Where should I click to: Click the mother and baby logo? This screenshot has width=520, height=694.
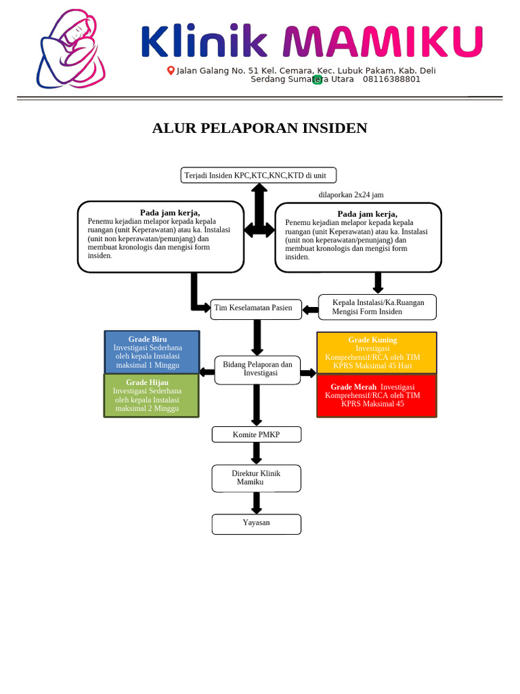coord(70,49)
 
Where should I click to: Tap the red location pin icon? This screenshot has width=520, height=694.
coord(171,70)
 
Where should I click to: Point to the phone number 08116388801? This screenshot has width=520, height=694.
coord(391,79)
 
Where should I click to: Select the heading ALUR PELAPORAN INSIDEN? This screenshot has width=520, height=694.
coord(259,128)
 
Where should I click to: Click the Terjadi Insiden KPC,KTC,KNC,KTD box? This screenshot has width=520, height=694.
coord(258,176)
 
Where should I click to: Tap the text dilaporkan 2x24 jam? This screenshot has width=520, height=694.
coord(351,195)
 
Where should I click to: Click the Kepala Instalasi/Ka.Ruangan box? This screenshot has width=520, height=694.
coord(377,307)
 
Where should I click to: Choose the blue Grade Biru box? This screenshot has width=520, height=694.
coord(152,352)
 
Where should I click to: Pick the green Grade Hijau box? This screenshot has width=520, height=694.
coord(152,395)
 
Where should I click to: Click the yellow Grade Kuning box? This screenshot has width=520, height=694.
coord(376,352)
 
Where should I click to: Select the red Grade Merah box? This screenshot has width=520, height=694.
coord(376,395)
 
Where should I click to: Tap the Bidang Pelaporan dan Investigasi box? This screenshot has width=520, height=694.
coord(257,369)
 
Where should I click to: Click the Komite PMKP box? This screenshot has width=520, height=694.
coord(256,434)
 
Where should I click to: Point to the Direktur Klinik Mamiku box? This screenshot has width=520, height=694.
coord(256,478)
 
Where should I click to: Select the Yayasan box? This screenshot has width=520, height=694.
coord(256,524)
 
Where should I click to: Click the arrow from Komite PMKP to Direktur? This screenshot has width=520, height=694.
coord(257,453)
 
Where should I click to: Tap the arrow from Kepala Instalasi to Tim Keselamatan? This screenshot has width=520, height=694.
coord(310,310)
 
